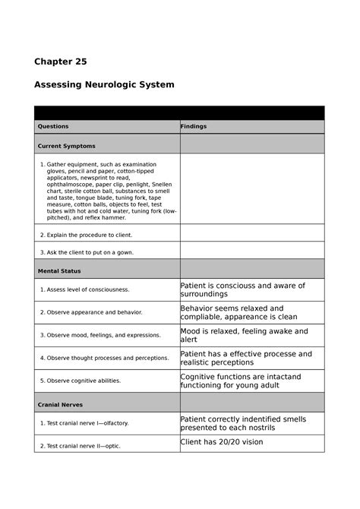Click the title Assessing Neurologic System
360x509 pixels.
(x=104, y=84)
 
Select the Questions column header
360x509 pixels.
(x=53, y=126)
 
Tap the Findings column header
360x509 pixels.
(x=194, y=126)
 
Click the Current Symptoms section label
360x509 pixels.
(x=67, y=145)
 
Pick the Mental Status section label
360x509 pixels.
(x=59, y=270)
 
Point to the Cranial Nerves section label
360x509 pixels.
(x=62, y=403)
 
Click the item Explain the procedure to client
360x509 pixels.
(x=86, y=235)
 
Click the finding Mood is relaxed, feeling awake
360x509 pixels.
(x=243, y=335)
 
